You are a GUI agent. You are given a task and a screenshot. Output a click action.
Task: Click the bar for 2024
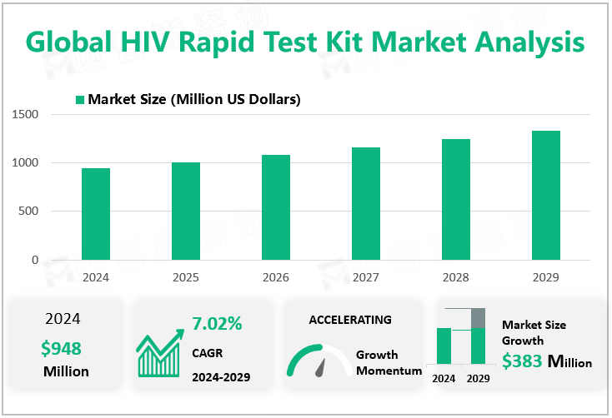pos(96,214)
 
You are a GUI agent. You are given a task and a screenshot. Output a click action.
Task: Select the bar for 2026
pos(276,207)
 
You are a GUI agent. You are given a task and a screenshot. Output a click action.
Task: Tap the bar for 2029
pos(546,195)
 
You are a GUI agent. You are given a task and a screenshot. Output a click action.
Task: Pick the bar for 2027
pos(366,203)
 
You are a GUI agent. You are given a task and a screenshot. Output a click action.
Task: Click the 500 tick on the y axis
pos(28,211)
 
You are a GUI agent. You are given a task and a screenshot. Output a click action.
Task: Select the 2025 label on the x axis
pos(186,276)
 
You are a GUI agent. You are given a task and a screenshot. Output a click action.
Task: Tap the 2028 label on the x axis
pos(456,276)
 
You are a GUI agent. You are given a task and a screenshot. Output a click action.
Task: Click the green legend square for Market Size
pos(80,100)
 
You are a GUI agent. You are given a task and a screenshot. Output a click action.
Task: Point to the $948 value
pos(61,348)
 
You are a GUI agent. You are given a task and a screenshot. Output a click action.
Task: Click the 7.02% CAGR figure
pos(217,323)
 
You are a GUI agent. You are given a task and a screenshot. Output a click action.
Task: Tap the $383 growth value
pos(521,361)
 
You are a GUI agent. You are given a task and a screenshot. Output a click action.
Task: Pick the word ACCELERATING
pos(350,320)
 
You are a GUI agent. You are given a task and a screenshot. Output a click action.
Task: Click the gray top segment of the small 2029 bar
pos(478,318)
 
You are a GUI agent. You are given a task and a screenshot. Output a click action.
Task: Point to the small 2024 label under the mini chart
pos(444,378)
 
